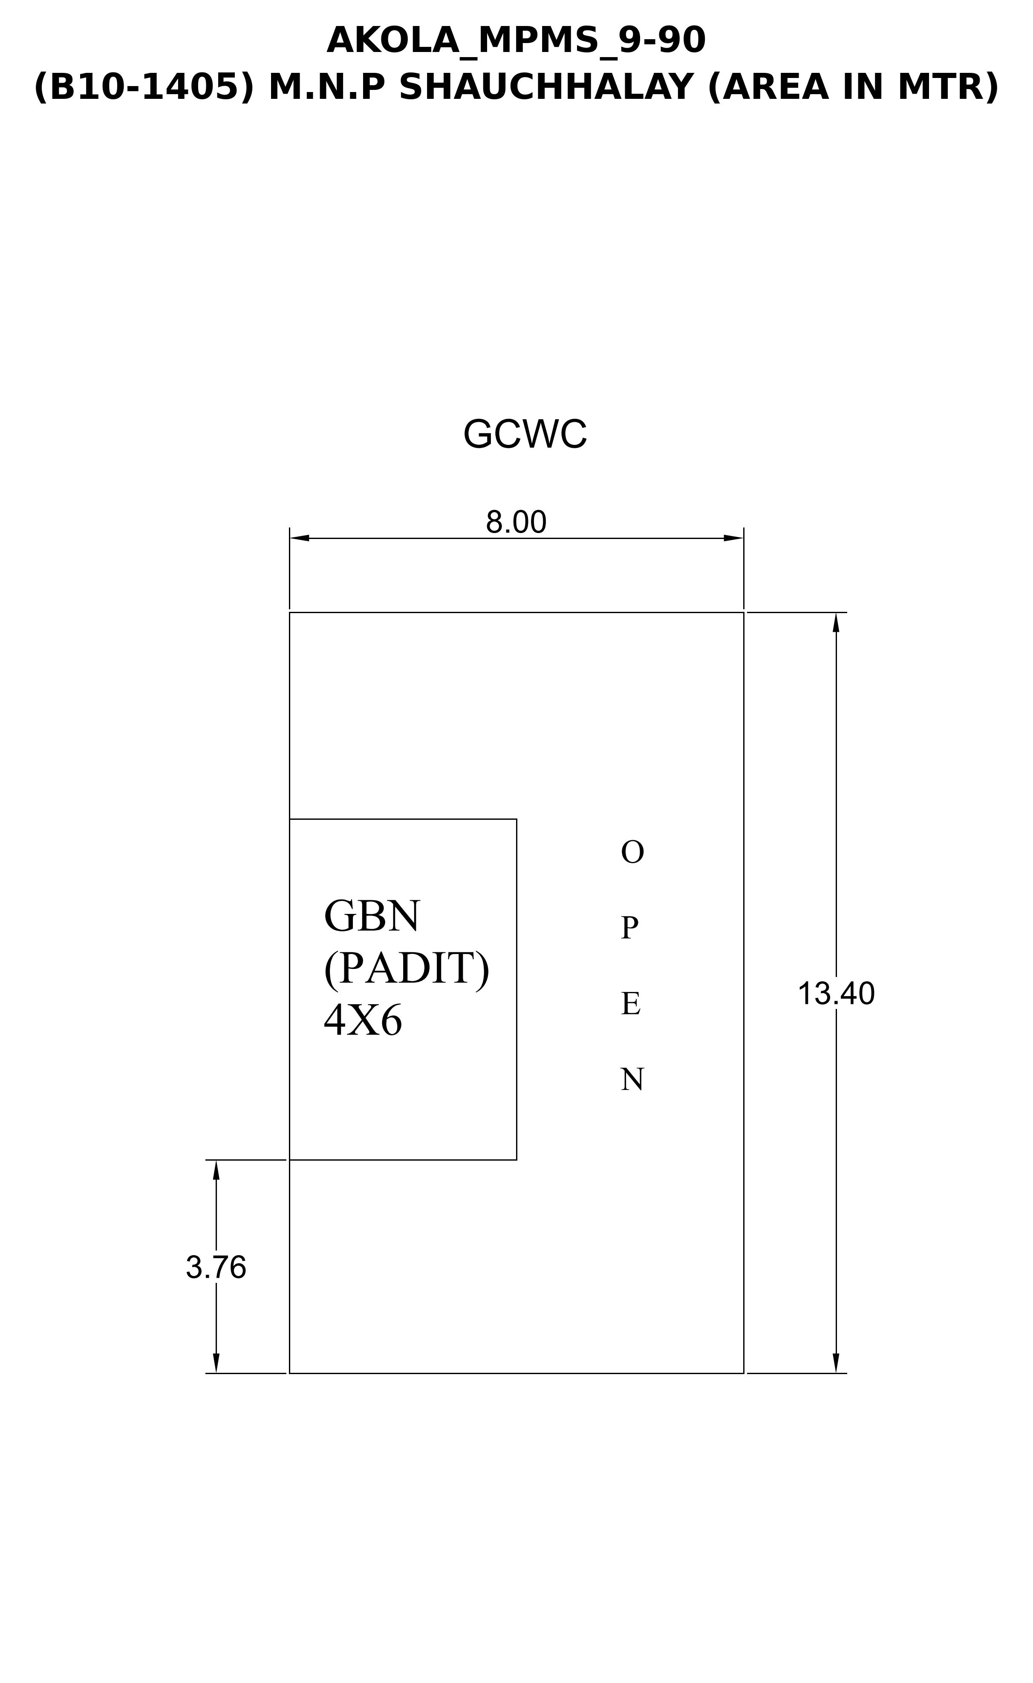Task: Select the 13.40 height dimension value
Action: click(836, 994)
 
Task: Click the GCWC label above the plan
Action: click(525, 435)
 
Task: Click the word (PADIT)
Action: click(407, 968)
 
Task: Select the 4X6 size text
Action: click(363, 1022)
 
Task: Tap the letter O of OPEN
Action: click(632, 853)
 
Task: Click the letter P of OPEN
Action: click(629, 928)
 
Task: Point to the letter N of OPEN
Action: click(632, 1080)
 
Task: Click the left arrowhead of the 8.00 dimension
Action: click(299, 538)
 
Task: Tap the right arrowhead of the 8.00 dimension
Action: click(734, 538)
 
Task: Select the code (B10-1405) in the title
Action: click(144, 87)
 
